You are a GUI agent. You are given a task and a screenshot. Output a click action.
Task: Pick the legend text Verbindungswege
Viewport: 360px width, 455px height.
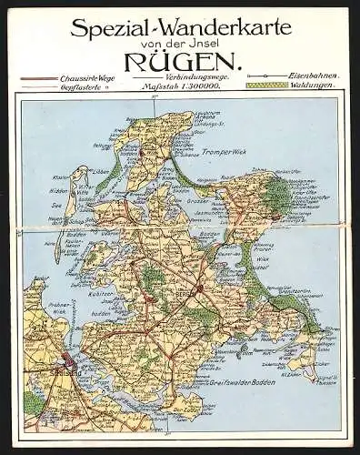[x=184, y=76]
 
